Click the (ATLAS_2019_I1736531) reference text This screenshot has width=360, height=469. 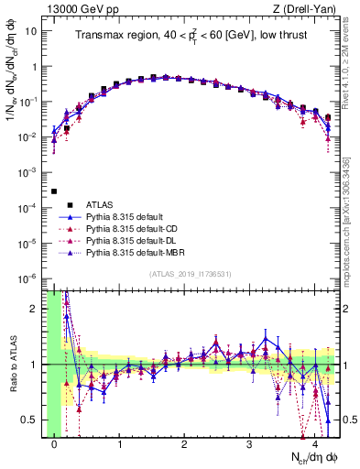click(x=191, y=275)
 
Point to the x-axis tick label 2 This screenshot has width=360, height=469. click(x=185, y=444)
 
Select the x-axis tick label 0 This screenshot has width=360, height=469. click(x=55, y=444)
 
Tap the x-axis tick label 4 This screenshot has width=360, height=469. click(x=314, y=444)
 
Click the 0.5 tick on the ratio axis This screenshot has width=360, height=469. click(x=35, y=420)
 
